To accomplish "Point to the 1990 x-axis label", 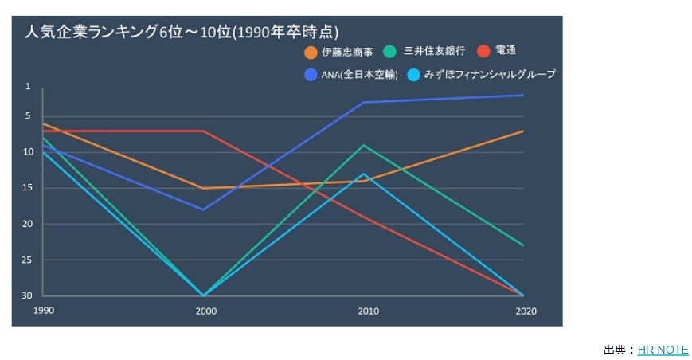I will [x=44, y=310].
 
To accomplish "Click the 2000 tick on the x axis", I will [x=205, y=311].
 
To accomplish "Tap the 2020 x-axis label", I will [x=526, y=311].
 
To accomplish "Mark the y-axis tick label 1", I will [x=28, y=87].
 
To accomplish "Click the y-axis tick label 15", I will [x=28, y=188].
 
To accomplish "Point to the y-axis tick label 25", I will [x=28, y=260].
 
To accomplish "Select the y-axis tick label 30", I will [x=28, y=295].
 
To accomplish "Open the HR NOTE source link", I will [x=663, y=350].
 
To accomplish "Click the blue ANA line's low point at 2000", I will [x=204, y=209].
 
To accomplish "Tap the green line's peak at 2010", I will [x=364, y=145].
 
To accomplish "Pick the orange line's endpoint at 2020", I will [x=523, y=131].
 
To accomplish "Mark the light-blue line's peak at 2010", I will [x=364, y=174].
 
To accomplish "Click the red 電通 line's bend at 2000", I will [x=204, y=131].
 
